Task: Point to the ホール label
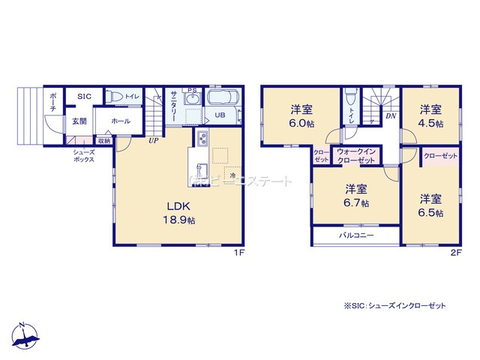[x=120, y=121]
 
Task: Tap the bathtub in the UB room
[x=222, y=98]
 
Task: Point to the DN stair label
[x=391, y=116]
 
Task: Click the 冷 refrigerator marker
[x=233, y=175]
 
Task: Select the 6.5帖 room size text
[x=430, y=213]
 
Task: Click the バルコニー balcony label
[x=355, y=235]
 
